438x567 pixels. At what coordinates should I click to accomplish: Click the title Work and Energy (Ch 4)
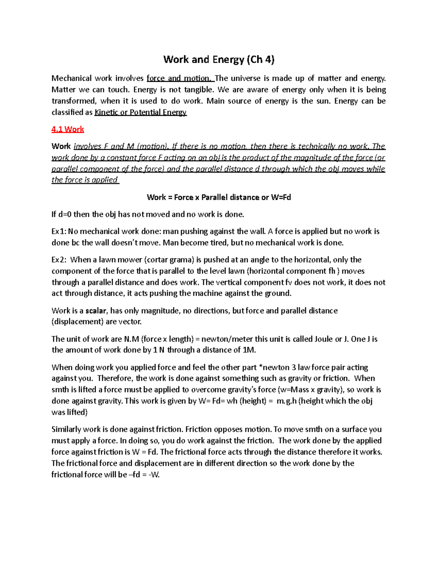pyautogui.click(x=219, y=60)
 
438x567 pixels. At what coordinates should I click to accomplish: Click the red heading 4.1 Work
pyautogui.click(x=68, y=129)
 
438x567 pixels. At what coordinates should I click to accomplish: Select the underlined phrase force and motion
pyautogui.click(x=178, y=78)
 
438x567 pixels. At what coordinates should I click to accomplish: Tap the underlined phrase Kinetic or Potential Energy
pyautogui.click(x=141, y=112)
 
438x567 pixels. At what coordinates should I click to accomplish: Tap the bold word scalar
pyautogui.click(x=96, y=311)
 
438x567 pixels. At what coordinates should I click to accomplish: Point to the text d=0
pyautogui.click(x=65, y=215)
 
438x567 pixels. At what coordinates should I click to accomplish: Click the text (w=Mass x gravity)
pyautogui.click(x=311, y=390)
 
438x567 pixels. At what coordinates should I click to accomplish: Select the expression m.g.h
pyautogui.click(x=287, y=401)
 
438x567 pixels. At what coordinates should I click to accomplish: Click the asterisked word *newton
pyautogui.click(x=274, y=367)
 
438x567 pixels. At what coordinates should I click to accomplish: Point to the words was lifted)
pyautogui.click(x=69, y=412)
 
